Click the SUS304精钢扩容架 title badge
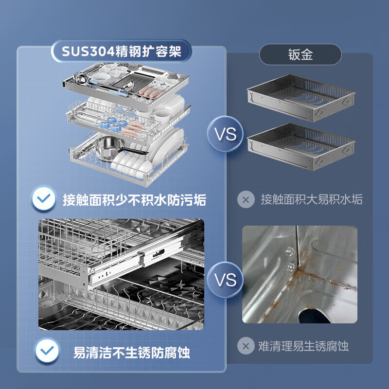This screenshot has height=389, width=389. (121, 52)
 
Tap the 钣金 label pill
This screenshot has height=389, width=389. (300, 54)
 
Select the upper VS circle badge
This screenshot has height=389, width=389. (226, 134)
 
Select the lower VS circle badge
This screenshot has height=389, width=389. (226, 280)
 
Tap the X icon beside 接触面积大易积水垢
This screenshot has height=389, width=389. (246, 199)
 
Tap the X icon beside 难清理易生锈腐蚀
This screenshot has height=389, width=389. (246, 346)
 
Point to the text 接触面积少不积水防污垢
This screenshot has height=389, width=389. (134, 199)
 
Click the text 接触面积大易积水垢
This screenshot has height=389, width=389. (311, 199)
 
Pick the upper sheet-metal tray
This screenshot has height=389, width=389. (300, 97)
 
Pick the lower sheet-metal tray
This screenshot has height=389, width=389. (300, 146)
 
